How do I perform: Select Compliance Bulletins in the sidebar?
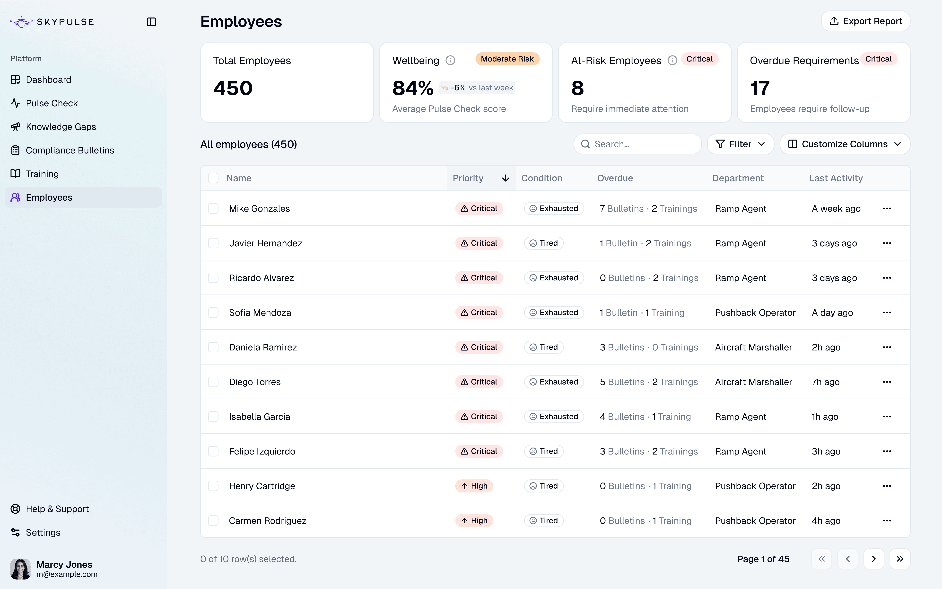coord(70,150)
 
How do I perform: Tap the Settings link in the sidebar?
coord(43,533)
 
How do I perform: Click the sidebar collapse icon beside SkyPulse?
coord(151,22)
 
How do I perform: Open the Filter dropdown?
coord(740,144)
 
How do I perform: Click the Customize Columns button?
coord(845,144)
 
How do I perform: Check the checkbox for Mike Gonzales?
coord(213,208)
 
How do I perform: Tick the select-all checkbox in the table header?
coord(213,178)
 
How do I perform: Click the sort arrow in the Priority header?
coord(505,178)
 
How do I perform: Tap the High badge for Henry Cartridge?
coord(474,486)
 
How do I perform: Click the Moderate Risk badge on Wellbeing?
coord(507,59)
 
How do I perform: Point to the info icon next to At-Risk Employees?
coord(672,60)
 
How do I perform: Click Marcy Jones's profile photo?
coord(20,569)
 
